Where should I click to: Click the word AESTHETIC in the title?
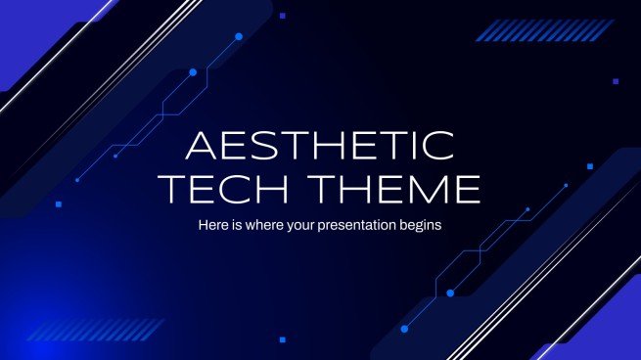coord(321,147)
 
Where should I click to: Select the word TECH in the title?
coord(238,188)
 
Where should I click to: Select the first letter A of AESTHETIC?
coord(202,147)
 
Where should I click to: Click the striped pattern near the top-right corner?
coord(516,31)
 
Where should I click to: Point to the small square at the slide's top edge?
coord(282,16)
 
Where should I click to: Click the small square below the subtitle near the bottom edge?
coord(283,339)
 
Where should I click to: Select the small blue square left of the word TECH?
coord(58,204)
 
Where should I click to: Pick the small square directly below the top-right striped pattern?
coord(615,82)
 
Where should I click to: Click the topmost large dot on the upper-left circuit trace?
coord(239,36)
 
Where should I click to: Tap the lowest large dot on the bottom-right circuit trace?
coord(450,292)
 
